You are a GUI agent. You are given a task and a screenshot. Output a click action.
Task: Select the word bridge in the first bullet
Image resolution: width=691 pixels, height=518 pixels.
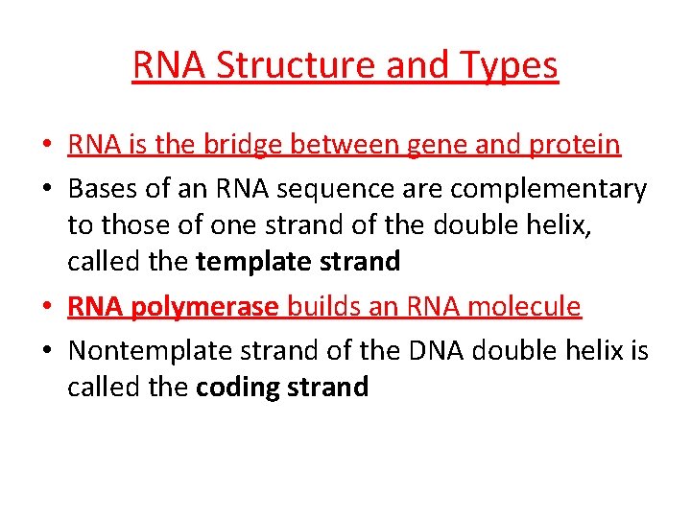242,145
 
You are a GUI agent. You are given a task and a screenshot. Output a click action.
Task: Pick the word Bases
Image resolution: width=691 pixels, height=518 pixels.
101,189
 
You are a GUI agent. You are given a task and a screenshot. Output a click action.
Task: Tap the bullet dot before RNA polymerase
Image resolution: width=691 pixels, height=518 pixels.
48,308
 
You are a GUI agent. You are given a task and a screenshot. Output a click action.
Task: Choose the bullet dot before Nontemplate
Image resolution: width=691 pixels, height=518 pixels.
48,352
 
